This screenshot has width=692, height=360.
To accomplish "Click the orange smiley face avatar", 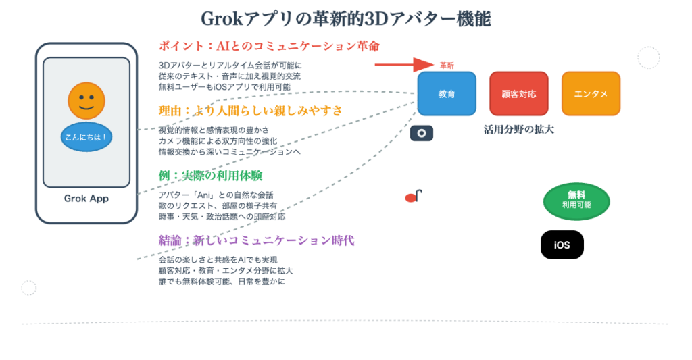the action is (x=86, y=101).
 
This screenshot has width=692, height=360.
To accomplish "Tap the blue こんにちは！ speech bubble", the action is (x=86, y=137).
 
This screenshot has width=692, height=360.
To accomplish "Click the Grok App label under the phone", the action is (x=86, y=199).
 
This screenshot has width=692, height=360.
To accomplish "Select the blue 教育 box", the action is (x=447, y=93).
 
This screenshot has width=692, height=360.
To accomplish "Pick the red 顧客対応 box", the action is (x=519, y=93).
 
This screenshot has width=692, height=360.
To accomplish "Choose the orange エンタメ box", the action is (x=591, y=93).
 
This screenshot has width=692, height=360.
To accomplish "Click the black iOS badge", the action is (x=562, y=245).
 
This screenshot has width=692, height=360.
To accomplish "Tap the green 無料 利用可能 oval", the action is (x=576, y=201).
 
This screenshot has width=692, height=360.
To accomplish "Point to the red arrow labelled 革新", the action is (x=404, y=65).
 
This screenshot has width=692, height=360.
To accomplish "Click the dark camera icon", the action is (x=422, y=133).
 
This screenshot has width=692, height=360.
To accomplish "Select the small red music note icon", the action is (x=414, y=197).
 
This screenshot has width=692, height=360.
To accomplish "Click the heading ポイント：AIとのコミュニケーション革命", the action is (x=269, y=46).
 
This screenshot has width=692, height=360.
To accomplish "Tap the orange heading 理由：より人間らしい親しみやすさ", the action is (x=250, y=111).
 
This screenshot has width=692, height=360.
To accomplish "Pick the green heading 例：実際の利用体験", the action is (x=211, y=176).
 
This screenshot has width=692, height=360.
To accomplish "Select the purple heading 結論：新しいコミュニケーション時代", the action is (x=256, y=240).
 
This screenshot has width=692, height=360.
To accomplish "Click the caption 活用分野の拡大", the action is (x=519, y=130).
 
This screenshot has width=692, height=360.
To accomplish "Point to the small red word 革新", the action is (x=447, y=66).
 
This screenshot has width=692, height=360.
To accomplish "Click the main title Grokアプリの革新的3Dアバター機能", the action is (x=346, y=19).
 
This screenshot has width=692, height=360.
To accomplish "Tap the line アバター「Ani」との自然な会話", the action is (x=216, y=195).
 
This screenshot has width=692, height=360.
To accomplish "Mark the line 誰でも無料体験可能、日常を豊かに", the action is (x=222, y=282).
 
